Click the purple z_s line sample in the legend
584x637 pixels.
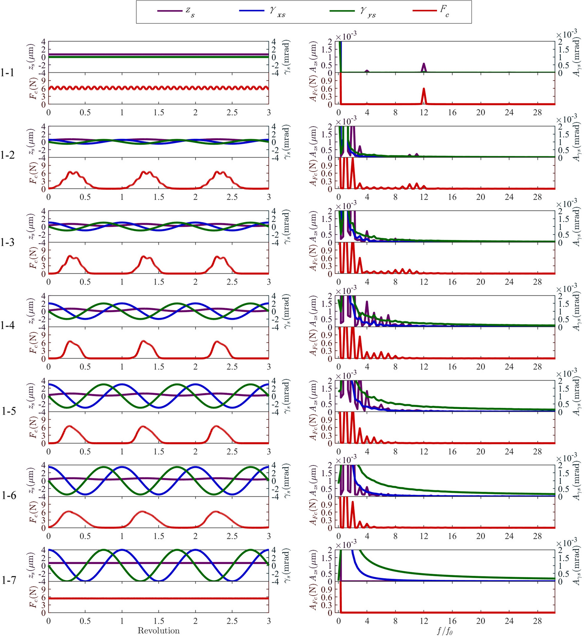coord(170,11)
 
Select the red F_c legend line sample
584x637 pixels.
coord(425,11)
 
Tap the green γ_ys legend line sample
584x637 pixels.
coord(342,11)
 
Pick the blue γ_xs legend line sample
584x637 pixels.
coord(252,11)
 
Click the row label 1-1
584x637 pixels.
coord(7,73)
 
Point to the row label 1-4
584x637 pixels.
coord(7,326)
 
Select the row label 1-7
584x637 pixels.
coord(9,580)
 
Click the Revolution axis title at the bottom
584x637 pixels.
coord(158,630)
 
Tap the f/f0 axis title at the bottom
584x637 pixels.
coord(445,631)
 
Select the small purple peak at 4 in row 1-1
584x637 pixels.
coord(367,71)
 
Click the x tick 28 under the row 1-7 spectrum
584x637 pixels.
coord(537,621)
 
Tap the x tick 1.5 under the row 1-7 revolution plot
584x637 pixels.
coord(159,621)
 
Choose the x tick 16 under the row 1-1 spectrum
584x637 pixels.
coord(452,112)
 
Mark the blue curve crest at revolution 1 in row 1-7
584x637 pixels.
coord(122,550)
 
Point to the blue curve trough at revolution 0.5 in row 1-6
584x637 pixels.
coord(85,494)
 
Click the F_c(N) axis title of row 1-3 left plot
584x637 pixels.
coord(33,259)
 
